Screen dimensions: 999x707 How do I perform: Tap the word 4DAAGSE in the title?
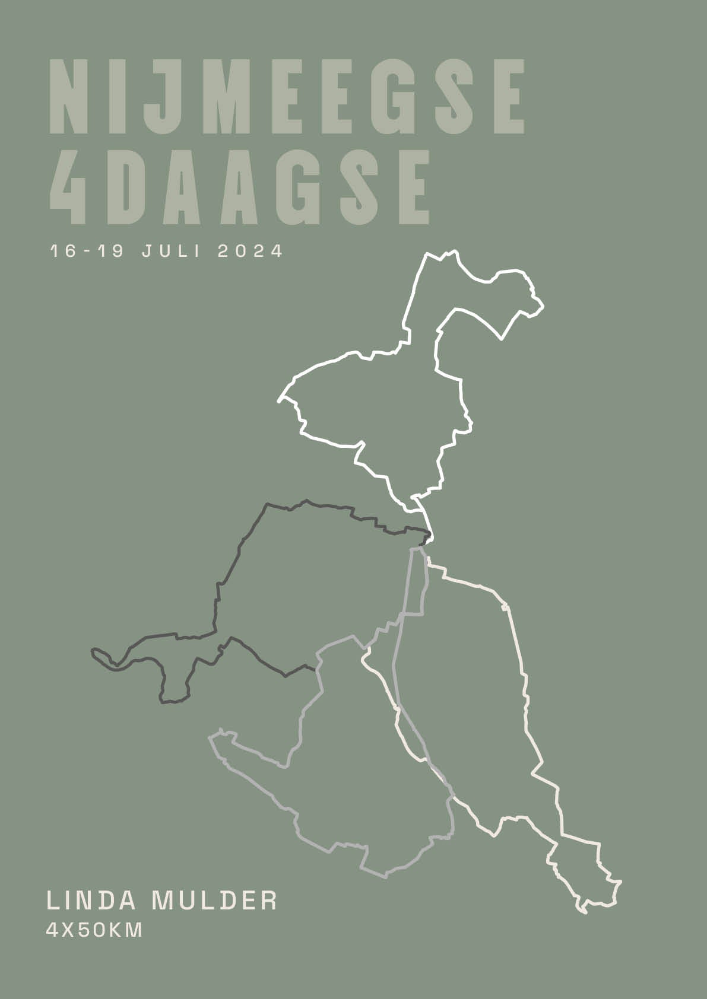coord(239,186)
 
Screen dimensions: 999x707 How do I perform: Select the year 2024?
coord(251,251)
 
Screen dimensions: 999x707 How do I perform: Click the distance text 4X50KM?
coord(94,930)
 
